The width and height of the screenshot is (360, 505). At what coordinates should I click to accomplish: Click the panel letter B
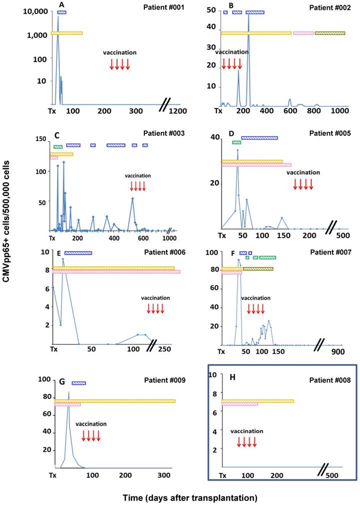(x=231, y=5)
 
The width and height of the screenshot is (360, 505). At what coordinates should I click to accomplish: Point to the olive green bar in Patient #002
(x=330, y=33)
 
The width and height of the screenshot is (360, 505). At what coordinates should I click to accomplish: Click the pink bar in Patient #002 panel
(x=304, y=33)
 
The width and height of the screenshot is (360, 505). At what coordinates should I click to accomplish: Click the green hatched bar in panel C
(x=58, y=146)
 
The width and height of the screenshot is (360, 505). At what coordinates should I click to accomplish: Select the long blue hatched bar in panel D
(x=260, y=138)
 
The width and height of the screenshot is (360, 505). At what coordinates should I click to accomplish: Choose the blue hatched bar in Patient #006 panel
(x=78, y=253)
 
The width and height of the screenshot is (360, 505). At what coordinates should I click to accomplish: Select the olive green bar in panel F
(x=258, y=268)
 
